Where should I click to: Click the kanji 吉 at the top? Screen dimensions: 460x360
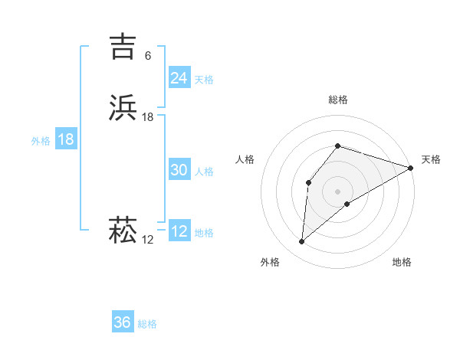[124, 46]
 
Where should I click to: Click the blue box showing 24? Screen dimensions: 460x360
[179, 77]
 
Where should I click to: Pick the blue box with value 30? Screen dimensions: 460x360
[179, 170]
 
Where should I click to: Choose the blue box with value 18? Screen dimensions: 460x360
[66, 139]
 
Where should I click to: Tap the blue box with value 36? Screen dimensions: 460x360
[123, 322]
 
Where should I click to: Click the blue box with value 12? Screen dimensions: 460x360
[179, 231]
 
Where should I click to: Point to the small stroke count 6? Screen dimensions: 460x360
[148, 55]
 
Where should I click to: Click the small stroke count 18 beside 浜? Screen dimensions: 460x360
[148, 117]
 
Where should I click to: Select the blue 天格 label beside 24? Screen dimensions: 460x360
[204, 79]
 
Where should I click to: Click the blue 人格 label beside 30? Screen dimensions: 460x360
[204, 172]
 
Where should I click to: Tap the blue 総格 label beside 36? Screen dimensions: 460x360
[147, 324]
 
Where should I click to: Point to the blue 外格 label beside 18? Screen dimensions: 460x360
[41, 141]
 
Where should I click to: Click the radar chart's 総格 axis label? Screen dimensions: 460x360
[338, 100]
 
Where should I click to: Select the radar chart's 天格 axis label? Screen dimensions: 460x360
[431, 159]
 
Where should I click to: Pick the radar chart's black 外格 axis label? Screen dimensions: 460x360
[270, 262]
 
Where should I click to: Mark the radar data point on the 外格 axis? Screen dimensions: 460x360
[302, 242]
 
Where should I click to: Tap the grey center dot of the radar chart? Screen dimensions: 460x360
[338, 191]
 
